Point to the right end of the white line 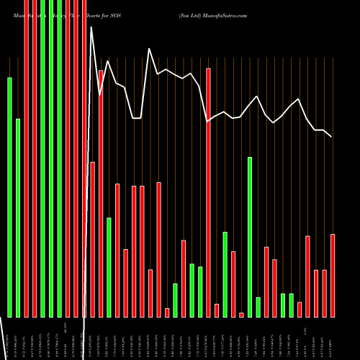[x=331, y=136]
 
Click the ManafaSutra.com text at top [x=225, y=15]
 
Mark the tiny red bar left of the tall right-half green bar [x=241, y=315]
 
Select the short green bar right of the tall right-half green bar [x=258, y=307]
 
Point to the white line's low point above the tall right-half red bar [x=208, y=122]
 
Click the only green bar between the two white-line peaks [x=109, y=266]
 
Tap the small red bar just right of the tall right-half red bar [x=217, y=310]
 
